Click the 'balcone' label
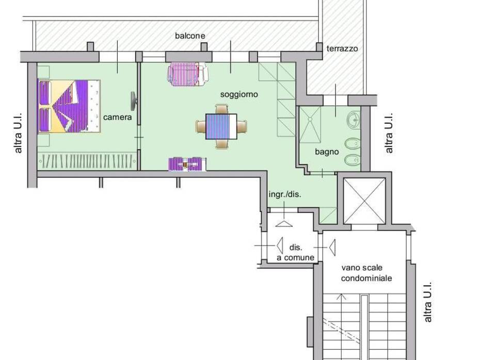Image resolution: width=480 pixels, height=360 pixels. coord(190,36)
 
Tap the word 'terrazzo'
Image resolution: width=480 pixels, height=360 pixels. coord(342,48)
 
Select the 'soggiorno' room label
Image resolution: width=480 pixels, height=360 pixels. coord(239,94)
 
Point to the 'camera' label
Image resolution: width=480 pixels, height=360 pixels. coord(118,117)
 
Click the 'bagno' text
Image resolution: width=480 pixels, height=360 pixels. coord(327,152)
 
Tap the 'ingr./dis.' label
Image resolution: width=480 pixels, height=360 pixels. coord(285,194)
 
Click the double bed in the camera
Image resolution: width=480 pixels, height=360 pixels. coord(69,106)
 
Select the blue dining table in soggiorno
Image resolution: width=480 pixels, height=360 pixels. coord(221,126)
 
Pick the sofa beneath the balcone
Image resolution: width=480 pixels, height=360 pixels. coord(188,74)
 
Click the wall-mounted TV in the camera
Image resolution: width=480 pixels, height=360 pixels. coord(134,101)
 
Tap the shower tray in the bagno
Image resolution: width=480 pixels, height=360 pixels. coord(310,124)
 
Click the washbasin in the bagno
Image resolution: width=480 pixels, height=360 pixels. coord(354,119)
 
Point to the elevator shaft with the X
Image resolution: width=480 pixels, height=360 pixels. coord(364,201)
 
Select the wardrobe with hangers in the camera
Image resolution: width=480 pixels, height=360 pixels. coord(87,160)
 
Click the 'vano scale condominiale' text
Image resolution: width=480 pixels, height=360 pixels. coord(366,273)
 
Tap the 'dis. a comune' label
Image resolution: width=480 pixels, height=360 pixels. coord(295,253)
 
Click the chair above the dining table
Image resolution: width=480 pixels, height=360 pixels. coord(221,109)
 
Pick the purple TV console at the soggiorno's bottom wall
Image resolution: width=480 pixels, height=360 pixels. coord(187,164)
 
